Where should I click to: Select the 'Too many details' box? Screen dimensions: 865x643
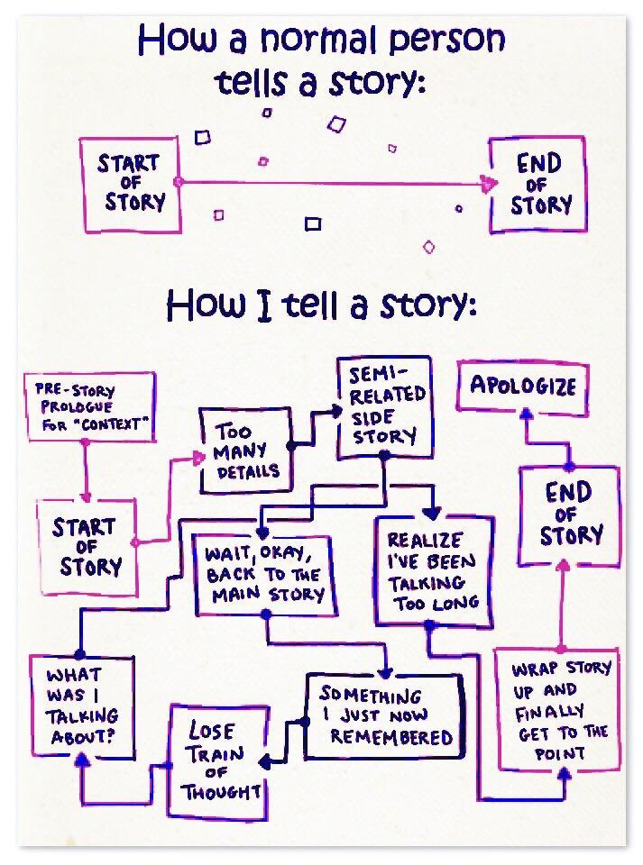click(246, 451)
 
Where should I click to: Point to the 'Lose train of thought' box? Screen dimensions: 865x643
click(219, 761)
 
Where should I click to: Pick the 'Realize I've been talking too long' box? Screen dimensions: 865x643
click(434, 570)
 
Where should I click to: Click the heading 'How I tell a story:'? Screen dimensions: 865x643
click(321, 306)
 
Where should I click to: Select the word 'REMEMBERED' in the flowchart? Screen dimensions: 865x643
click(390, 737)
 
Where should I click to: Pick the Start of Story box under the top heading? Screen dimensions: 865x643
click(129, 184)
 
